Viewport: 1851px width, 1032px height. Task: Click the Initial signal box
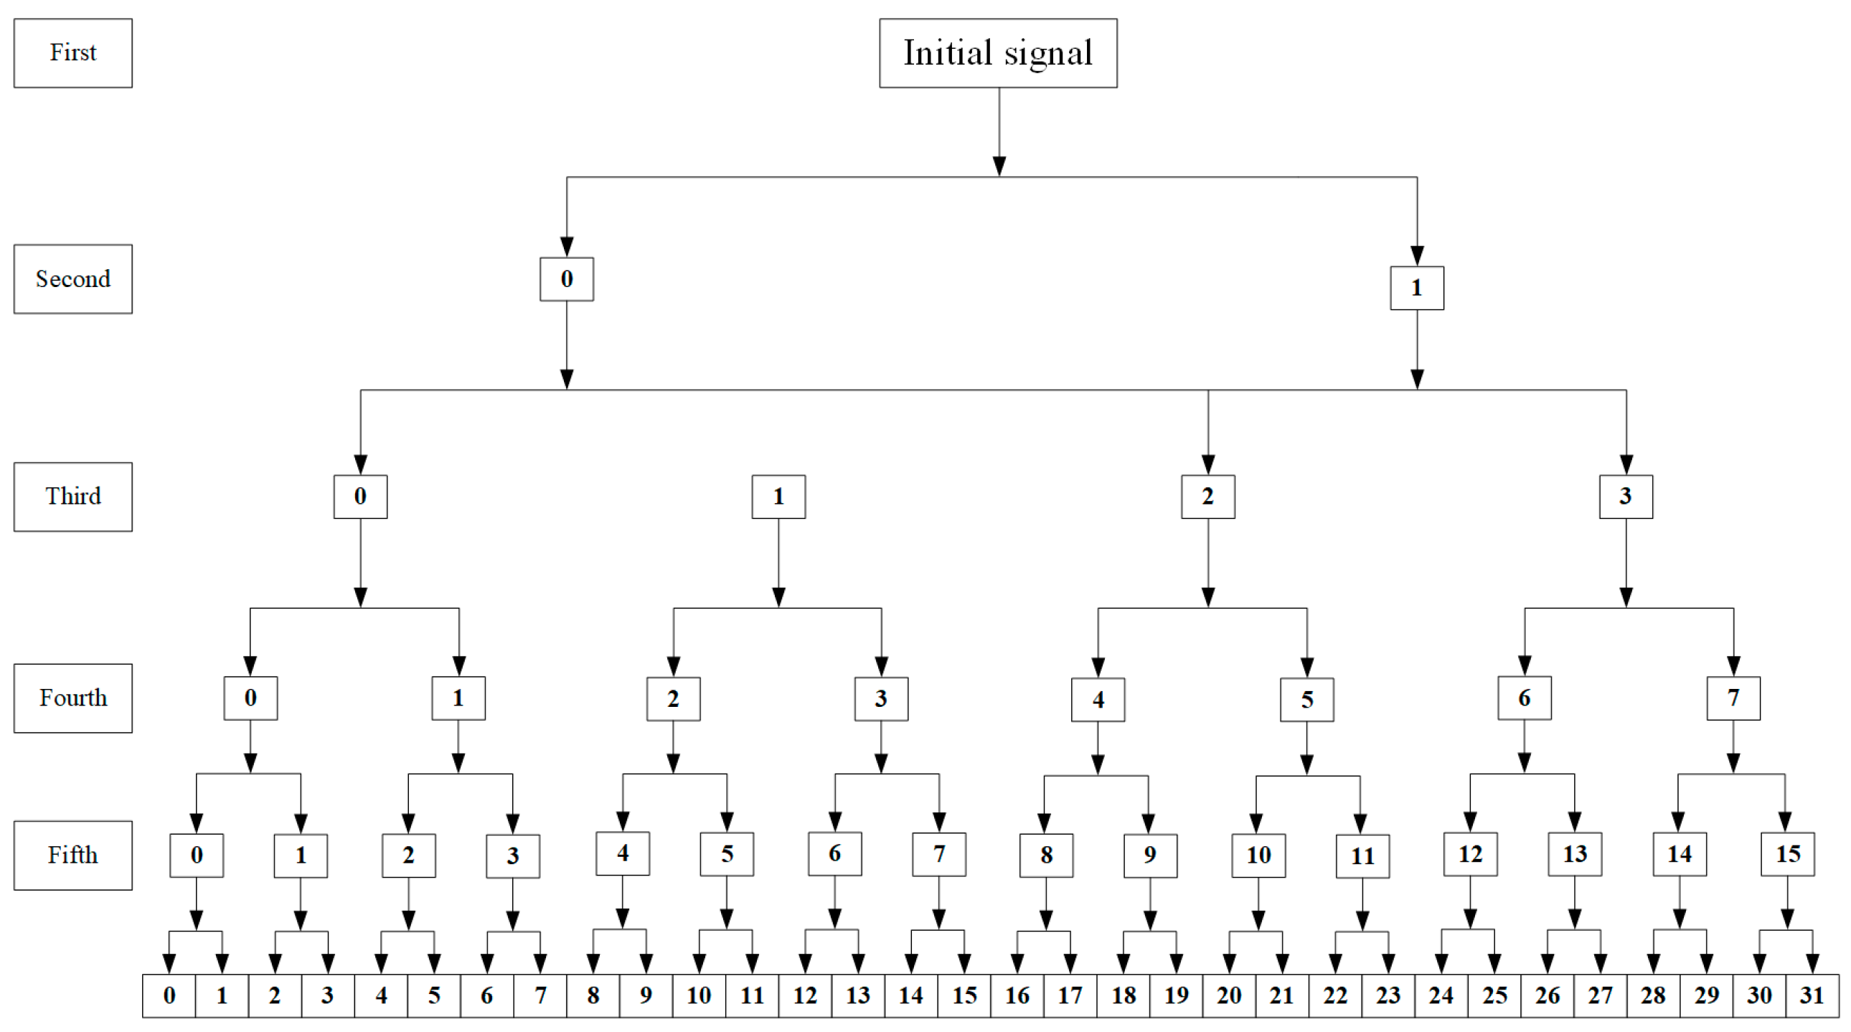(x=997, y=53)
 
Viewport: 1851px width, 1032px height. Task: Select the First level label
(x=72, y=53)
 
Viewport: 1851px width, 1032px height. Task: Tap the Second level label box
(x=72, y=279)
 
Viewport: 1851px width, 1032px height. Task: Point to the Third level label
(x=72, y=497)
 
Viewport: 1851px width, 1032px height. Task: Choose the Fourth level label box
(x=72, y=698)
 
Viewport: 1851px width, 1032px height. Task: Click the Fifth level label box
(x=72, y=855)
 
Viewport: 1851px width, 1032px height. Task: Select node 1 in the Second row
(x=1416, y=289)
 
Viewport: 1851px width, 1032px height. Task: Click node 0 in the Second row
(x=566, y=279)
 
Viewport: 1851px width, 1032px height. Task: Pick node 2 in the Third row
(x=1207, y=497)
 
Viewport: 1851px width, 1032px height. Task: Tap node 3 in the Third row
(x=1626, y=497)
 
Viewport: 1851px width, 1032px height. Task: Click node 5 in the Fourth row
(x=1306, y=699)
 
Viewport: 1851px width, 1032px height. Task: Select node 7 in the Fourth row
(x=1733, y=698)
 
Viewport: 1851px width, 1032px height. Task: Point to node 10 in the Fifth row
(x=1258, y=855)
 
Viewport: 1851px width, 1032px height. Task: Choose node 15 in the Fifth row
(x=1787, y=854)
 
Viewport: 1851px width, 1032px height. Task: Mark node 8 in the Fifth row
(x=1045, y=855)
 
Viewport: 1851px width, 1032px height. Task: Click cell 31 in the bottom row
(x=1812, y=995)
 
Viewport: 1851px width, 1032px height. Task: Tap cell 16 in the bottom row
(x=1017, y=995)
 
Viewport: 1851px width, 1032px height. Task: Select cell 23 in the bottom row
(x=1388, y=995)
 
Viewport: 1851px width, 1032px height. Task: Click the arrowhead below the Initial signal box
(x=999, y=166)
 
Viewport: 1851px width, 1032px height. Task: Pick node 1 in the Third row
(x=778, y=497)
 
